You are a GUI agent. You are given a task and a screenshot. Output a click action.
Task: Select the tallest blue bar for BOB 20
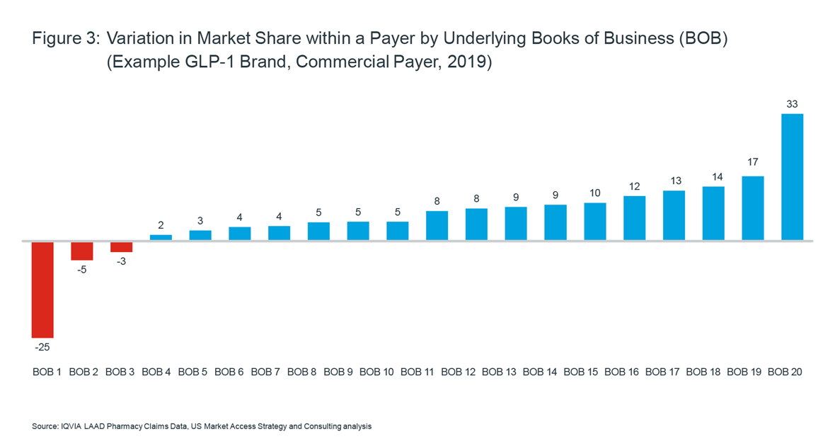[792, 177]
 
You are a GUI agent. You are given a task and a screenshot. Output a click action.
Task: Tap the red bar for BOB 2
[82, 251]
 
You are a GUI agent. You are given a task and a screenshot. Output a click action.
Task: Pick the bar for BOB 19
[752, 208]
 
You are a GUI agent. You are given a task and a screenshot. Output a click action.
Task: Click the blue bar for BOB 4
[161, 237]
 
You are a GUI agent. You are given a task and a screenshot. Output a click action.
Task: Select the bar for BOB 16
[634, 218]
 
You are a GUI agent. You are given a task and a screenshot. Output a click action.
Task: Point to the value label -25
[42, 348]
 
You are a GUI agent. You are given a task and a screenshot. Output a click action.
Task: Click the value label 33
[792, 104]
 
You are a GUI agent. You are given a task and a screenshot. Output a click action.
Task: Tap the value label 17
[752, 162]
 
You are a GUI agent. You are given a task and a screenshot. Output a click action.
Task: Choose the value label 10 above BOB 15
[594, 193]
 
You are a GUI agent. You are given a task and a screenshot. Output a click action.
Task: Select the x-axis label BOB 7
[266, 372]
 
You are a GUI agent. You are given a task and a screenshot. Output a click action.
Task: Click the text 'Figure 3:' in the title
[65, 40]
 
